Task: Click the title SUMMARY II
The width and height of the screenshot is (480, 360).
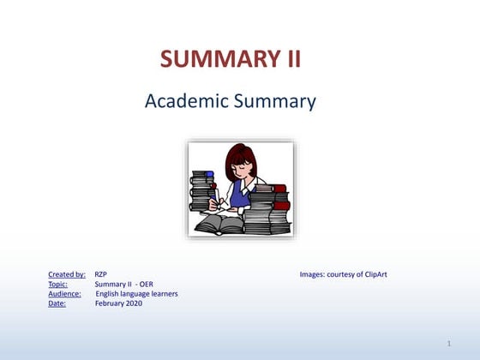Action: (x=231, y=58)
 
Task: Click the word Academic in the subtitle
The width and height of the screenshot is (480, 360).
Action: (x=187, y=101)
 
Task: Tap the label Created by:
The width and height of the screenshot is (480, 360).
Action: (x=67, y=274)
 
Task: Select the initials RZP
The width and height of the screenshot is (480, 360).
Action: (x=101, y=274)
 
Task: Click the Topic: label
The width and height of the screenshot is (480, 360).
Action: (x=58, y=284)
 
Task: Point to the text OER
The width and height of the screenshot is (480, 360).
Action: (x=147, y=284)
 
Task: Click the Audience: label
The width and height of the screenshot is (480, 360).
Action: (x=64, y=294)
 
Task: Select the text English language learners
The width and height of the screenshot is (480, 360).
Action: (x=136, y=294)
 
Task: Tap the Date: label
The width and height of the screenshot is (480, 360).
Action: (x=57, y=303)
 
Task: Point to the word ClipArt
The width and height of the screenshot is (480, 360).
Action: (x=376, y=274)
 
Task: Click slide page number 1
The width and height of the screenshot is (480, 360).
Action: (x=449, y=344)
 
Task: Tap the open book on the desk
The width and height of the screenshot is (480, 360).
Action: (x=219, y=224)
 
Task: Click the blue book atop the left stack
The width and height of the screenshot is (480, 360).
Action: (x=210, y=174)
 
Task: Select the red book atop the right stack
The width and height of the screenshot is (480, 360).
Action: (x=279, y=189)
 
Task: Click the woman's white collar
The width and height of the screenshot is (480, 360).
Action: (x=249, y=185)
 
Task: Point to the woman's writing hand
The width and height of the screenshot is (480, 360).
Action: (x=213, y=204)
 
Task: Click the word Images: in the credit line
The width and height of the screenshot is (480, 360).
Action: (x=312, y=274)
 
